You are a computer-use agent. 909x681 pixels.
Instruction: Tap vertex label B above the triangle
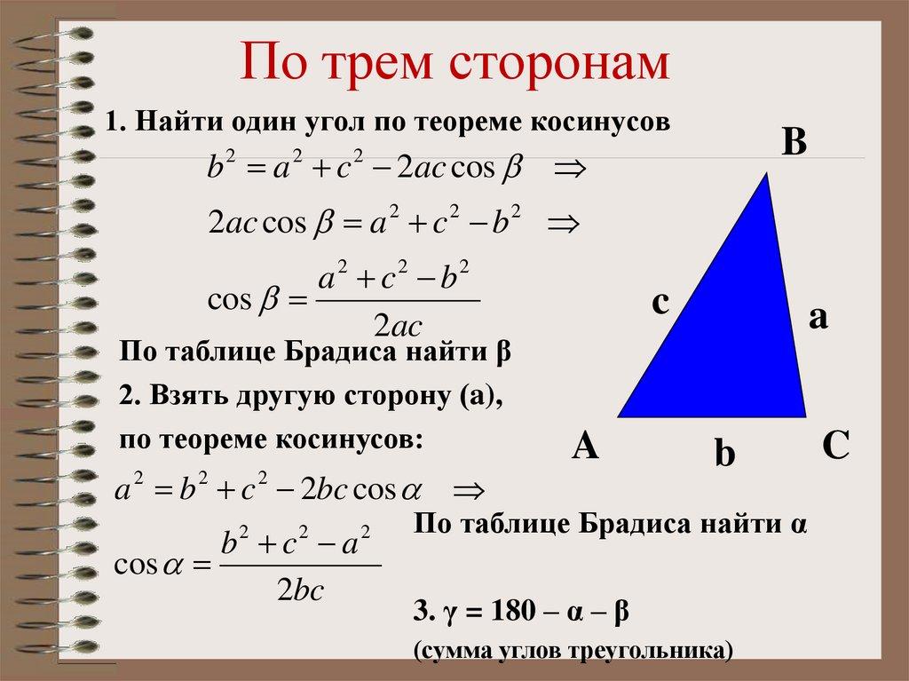pos(793,142)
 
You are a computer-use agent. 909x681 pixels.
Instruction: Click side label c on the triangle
pos(660,303)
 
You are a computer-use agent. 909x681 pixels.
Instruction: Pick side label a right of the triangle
pos(818,317)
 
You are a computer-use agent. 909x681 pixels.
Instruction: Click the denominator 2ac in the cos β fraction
pos(398,321)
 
